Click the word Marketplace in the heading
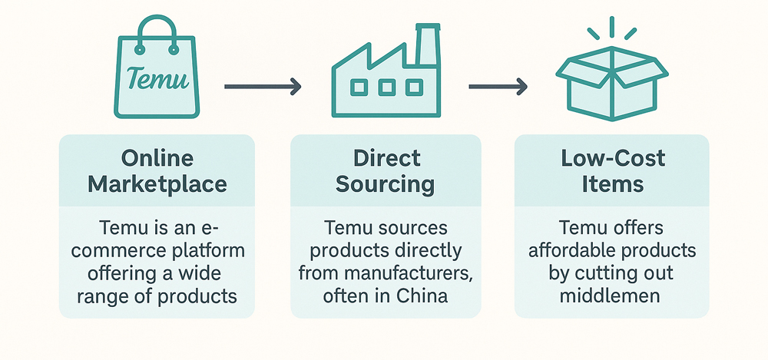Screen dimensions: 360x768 [157, 185]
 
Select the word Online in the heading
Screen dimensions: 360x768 [157, 159]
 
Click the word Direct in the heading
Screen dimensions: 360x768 [387, 159]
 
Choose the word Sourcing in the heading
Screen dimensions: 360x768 [386, 185]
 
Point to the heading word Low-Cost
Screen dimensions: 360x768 [612, 159]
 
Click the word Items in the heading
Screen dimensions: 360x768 [612, 185]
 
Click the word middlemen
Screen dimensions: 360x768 [612, 296]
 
